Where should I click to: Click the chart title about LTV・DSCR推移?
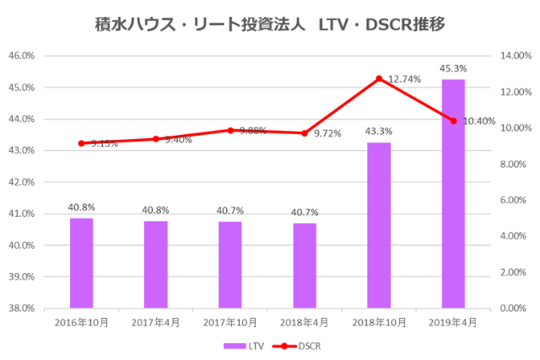point(269,24)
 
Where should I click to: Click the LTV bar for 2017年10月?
point(230,265)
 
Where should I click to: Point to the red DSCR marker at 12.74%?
point(379,78)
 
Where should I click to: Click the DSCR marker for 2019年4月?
point(453,121)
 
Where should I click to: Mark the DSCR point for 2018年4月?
point(305,133)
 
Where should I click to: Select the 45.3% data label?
point(453,67)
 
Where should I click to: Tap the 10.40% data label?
point(479,121)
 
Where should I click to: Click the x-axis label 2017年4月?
point(156,322)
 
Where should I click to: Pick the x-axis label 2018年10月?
point(379,322)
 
